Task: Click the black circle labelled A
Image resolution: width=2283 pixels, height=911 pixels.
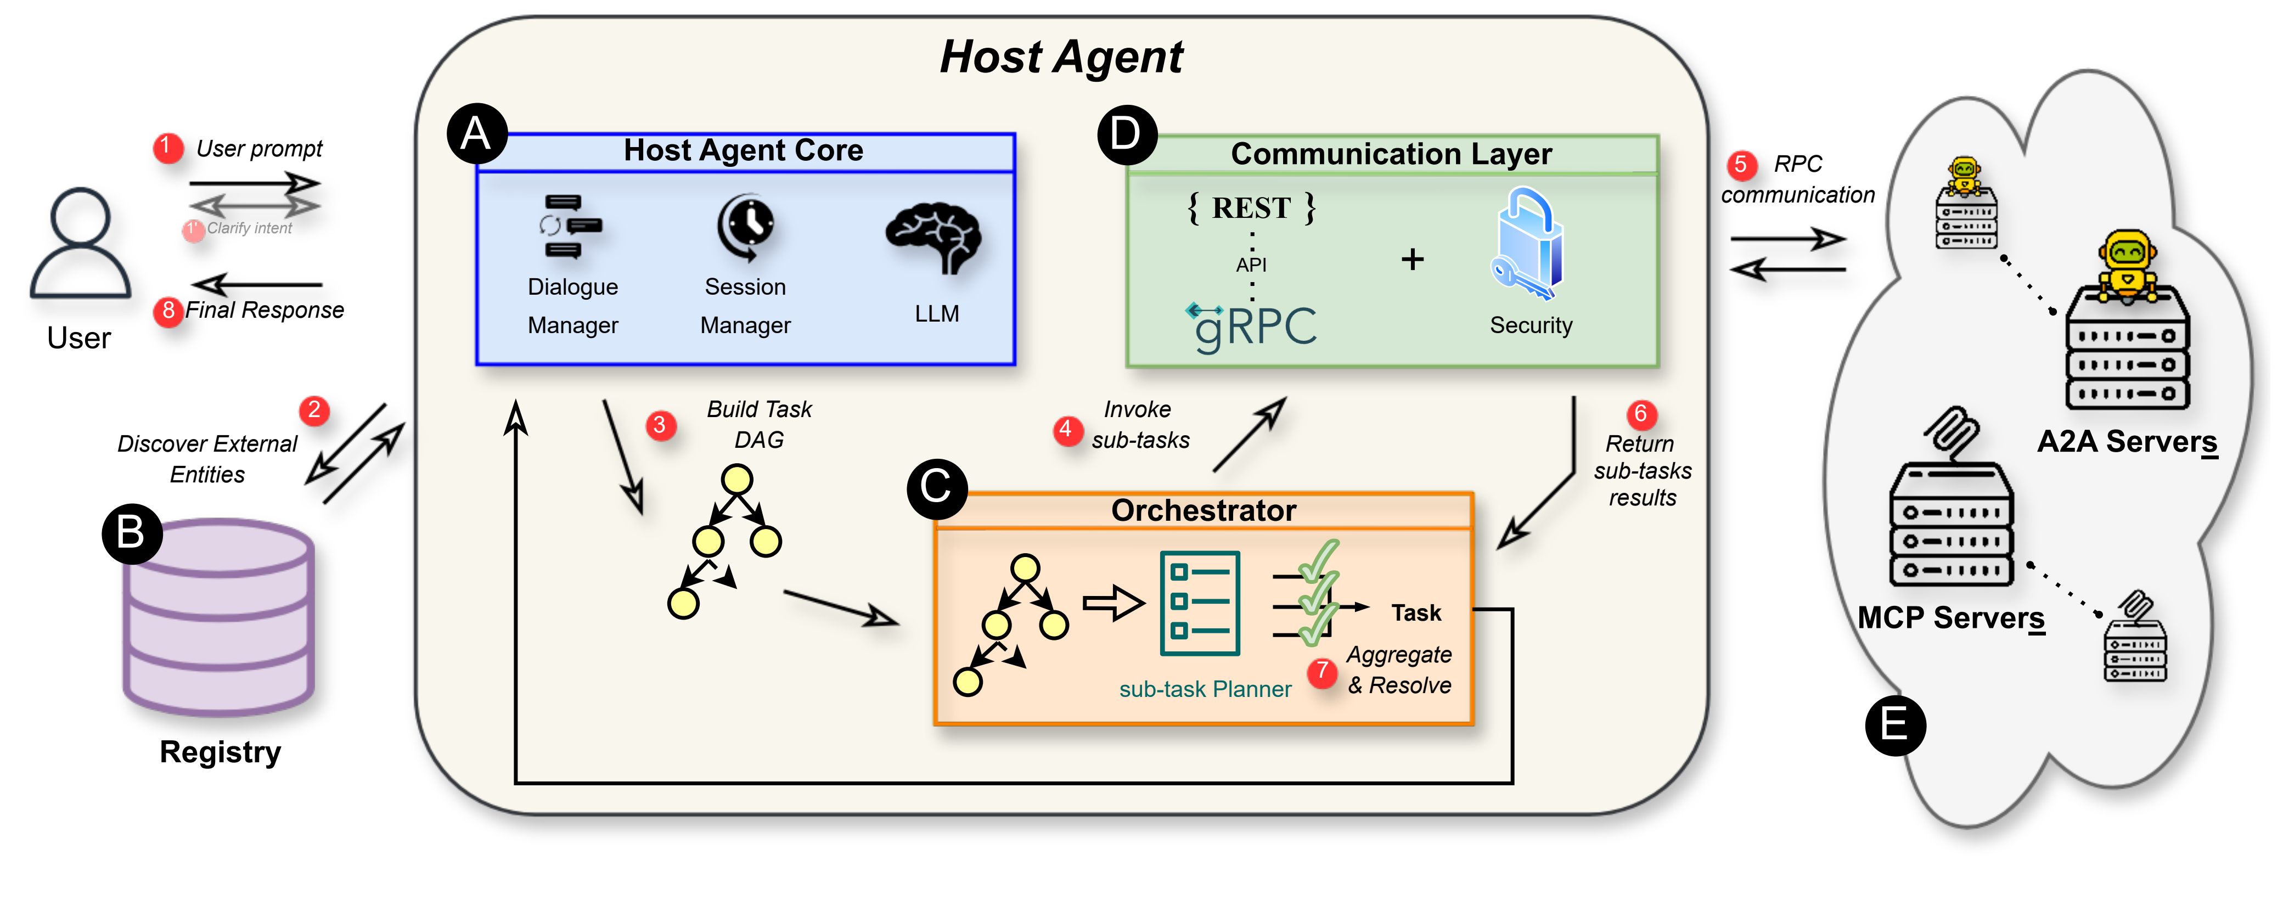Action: pyautogui.click(x=477, y=134)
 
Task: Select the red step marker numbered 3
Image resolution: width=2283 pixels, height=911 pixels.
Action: pyautogui.click(x=659, y=425)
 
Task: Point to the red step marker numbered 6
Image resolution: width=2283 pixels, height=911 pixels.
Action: pyautogui.click(x=1640, y=414)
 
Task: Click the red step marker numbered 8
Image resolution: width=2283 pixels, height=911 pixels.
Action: pyautogui.click(x=167, y=311)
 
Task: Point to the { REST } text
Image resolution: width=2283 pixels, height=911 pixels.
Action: pyautogui.click(x=1251, y=208)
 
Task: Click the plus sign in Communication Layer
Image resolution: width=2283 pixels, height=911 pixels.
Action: pyautogui.click(x=1412, y=259)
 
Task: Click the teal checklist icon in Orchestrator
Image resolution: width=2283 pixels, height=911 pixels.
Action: pyautogui.click(x=1200, y=604)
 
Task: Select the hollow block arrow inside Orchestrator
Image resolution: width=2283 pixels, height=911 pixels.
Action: pyautogui.click(x=1113, y=604)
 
